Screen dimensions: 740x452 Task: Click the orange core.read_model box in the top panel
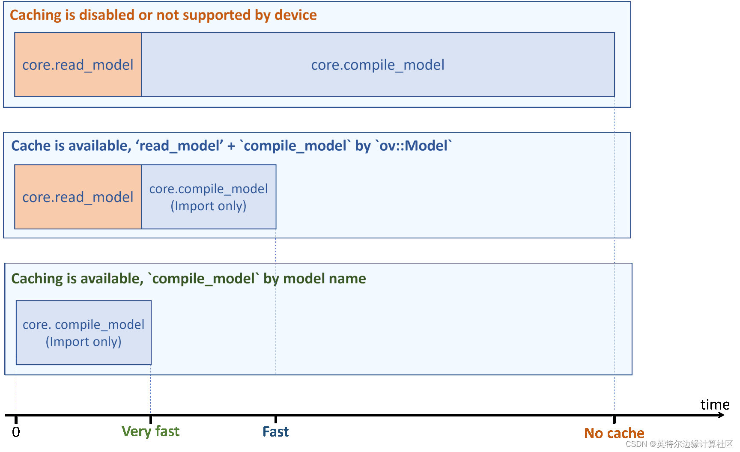point(78,65)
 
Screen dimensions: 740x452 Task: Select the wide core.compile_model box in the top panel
point(378,65)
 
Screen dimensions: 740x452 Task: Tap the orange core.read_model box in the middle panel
point(78,197)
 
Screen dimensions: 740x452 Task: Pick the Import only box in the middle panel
point(209,197)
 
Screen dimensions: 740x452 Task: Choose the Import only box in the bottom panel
point(84,333)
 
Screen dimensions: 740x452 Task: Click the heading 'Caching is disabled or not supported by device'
point(163,15)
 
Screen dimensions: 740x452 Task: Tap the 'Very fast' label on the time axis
point(151,431)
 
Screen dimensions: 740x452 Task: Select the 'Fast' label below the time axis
point(276,431)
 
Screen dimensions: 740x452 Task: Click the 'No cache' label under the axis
point(614,433)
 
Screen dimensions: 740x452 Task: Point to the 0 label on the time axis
point(16,432)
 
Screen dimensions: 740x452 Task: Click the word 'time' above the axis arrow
point(715,404)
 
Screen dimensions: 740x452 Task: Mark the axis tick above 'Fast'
point(276,419)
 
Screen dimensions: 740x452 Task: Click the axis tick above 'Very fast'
point(151,419)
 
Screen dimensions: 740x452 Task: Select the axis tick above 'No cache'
point(614,419)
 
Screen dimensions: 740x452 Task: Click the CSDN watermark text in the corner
point(680,444)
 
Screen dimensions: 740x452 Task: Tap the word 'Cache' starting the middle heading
point(31,146)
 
